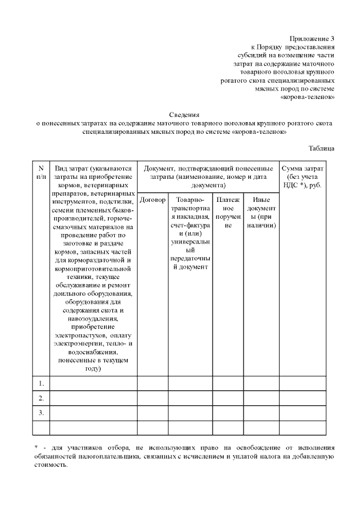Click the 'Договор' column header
(x=152, y=200)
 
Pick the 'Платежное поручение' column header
(x=228, y=212)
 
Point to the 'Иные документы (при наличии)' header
(x=261, y=212)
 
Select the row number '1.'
(x=41, y=384)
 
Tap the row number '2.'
(x=41, y=398)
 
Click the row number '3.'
(x=41, y=413)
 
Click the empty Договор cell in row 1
(x=152, y=384)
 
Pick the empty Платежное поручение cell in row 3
(x=228, y=413)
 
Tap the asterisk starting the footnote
(x=36, y=448)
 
